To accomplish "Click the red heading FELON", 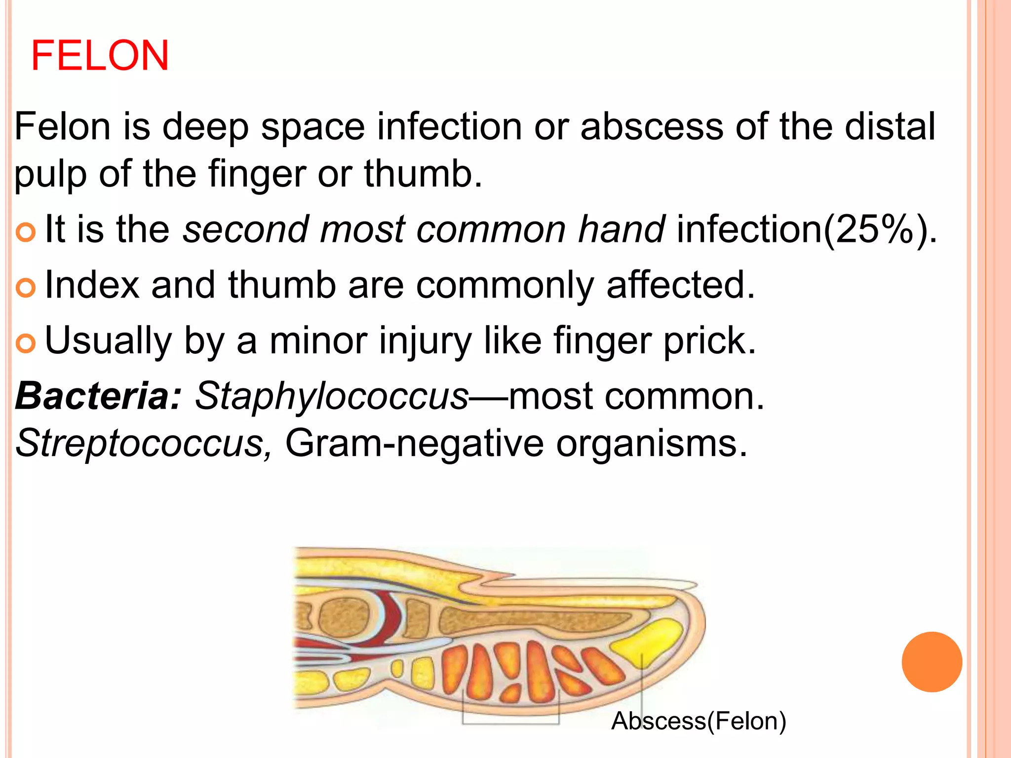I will click(x=100, y=55).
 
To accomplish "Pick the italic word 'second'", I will click(x=245, y=230).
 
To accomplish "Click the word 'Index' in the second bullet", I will click(x=92, y=285).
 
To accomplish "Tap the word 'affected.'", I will click(x=681, y=285).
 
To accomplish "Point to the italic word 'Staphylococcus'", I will click(x=331, y=396).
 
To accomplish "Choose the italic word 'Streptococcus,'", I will click(x=143, y=443).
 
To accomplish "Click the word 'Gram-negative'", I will click(x=414, y=443).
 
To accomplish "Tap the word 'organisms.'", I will click(x=652, y=443).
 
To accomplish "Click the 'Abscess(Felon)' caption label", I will click(x=698, y=721).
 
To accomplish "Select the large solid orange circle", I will click(x=932, y=662).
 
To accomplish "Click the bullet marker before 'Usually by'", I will click(x=26, y=343).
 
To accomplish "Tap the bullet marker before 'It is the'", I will click(x=26, y=232).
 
